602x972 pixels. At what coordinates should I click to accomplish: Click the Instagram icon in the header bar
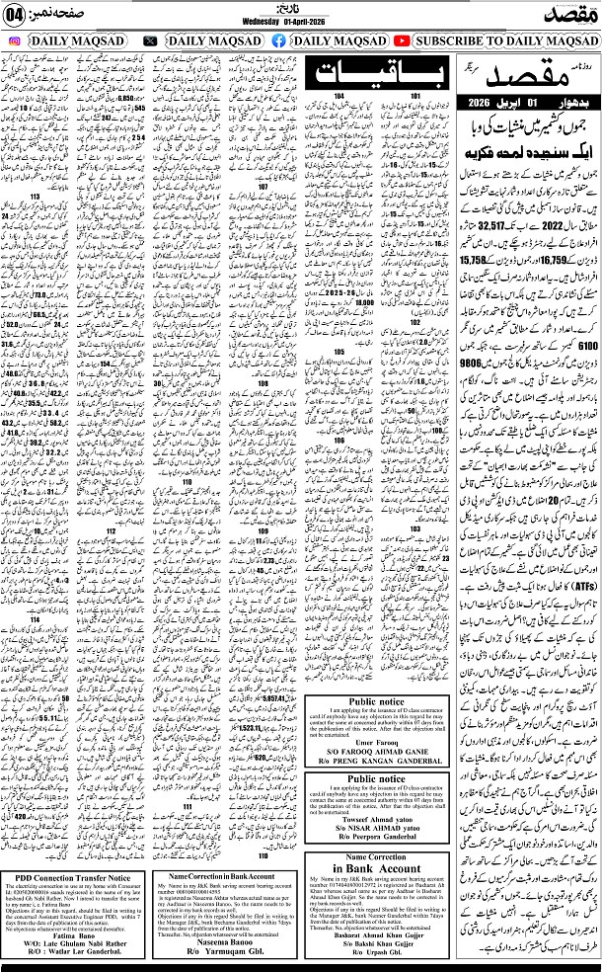coord(14,40)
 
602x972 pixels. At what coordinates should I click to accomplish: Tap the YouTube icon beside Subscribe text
coord(402,40)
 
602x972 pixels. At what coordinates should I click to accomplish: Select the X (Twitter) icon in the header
coord(150,40)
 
